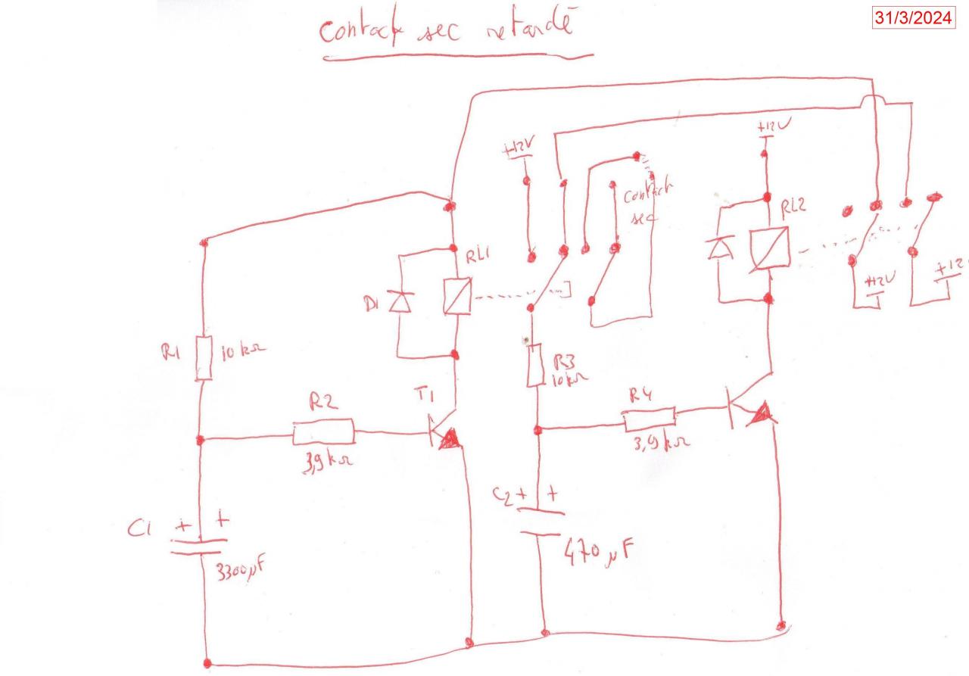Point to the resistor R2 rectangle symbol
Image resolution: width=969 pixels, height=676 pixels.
323,433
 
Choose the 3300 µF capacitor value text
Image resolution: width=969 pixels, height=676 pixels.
237,569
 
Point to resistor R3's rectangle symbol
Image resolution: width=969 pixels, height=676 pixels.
535,364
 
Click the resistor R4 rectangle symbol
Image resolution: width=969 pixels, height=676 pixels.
649,419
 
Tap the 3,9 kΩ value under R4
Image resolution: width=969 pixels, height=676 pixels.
656,444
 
